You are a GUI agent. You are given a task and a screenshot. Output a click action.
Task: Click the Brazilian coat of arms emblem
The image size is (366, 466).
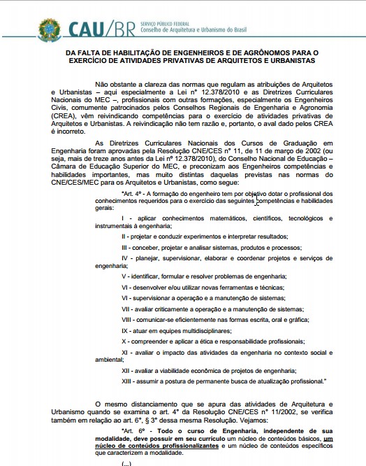pyautogui.click(x=50, y=29)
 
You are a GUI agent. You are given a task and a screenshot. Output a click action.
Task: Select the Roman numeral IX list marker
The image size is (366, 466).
pyautogui.click(x=125, y=328)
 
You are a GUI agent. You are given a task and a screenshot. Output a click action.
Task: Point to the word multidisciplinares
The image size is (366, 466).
pyautogui.click(x=203, y=328)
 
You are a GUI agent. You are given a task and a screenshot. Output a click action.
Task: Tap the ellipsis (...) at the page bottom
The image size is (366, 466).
pyautogui.click(x=126, y=463)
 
